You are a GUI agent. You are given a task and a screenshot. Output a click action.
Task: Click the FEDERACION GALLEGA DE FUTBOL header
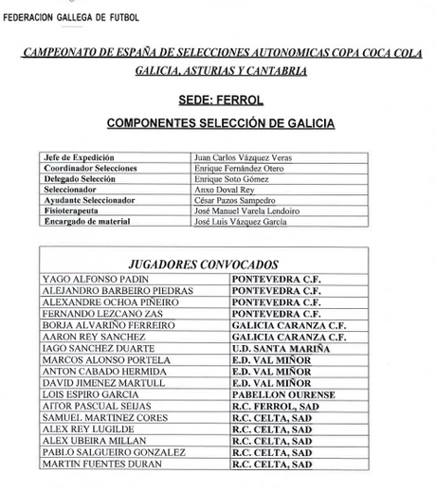click(x=71, y=17)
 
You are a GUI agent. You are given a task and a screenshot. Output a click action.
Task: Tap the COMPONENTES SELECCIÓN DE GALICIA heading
click(x=219, y=123)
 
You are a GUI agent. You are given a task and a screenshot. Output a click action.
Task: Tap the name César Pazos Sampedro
click(x=234, y=200)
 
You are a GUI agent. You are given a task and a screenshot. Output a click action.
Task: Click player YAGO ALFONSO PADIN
click(x=96, y=279)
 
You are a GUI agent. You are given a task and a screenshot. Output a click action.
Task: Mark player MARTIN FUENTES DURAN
click(x=100, y=465)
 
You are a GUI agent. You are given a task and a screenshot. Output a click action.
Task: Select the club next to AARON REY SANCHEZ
click(x=289, y=337)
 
